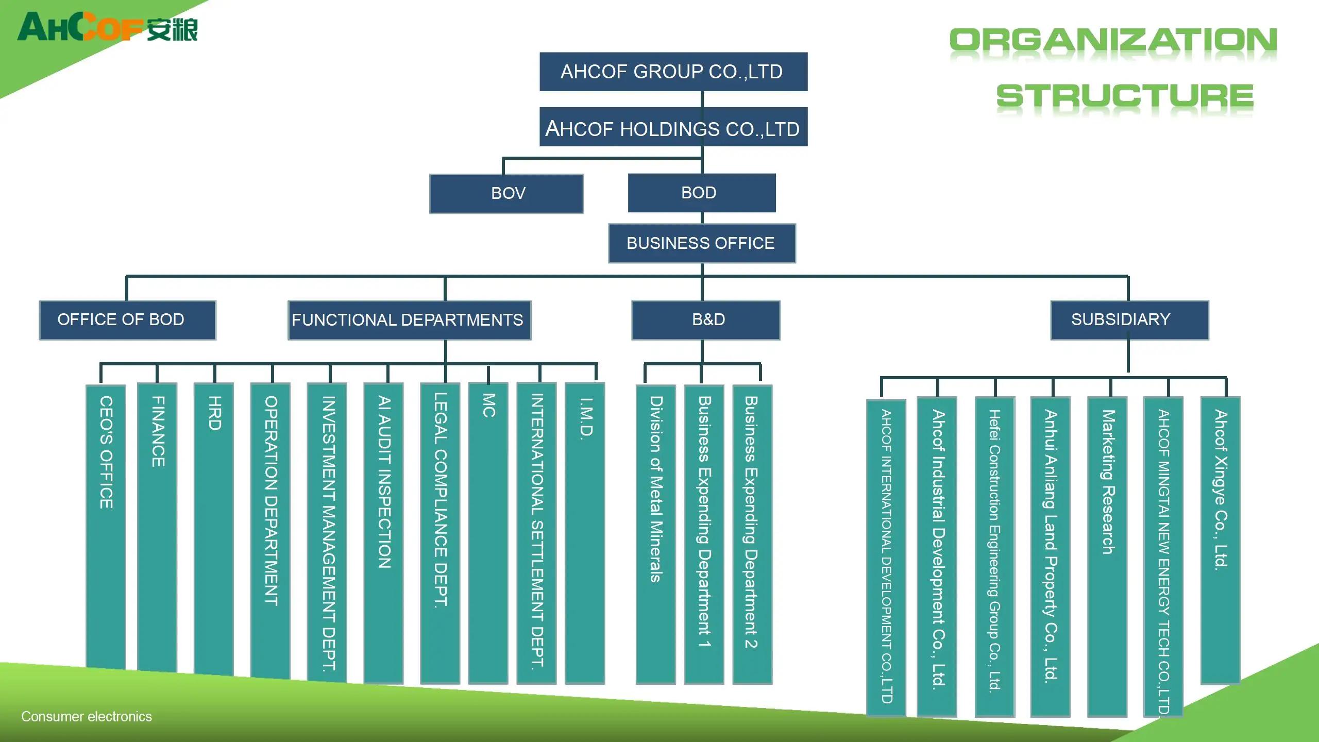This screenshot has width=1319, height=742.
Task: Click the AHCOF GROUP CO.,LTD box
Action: [673, 72]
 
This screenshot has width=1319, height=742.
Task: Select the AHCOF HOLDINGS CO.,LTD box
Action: [673, 127]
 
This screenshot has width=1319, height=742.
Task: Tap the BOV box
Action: [506, 194]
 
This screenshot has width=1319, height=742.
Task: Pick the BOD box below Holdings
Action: [702, 193]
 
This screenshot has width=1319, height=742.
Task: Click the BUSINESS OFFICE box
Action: [702, 243]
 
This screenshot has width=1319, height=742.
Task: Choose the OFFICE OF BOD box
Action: [127, 320]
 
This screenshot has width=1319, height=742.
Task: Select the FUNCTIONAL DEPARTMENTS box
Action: [410, 320]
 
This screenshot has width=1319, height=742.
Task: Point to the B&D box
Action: [706, 320]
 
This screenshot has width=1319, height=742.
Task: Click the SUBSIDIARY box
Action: [1129, 320]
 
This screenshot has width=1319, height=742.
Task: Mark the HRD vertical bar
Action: [214, 529]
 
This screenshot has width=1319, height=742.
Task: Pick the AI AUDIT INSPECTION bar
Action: [383, 533]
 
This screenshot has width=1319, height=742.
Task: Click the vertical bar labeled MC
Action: [488, 533]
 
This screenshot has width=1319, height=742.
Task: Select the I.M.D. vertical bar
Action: [585, 533]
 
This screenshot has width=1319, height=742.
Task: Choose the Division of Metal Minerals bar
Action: [656, 534]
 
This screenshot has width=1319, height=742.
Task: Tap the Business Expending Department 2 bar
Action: [752, 534]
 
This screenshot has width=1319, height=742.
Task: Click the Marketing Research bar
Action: [1107, 556]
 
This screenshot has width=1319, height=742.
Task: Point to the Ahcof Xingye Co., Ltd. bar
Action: [1221, 541]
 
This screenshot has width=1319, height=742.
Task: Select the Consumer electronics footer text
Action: [87, 717]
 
